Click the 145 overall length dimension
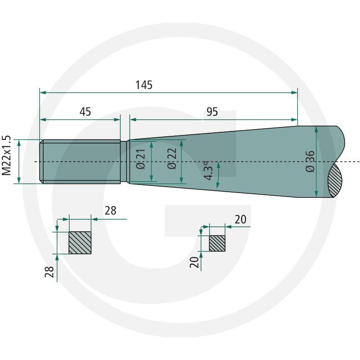coord(144,85)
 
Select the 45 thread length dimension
coord(85,112)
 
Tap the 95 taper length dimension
coord(212,112)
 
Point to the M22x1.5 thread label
coord(6,155)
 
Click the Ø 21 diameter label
coord(141,159)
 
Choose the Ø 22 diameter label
coord(172,159)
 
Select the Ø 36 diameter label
coord(310,162)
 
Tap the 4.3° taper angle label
coord(208,171)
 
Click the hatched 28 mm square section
coord(80,243)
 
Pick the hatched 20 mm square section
coord(217,243)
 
